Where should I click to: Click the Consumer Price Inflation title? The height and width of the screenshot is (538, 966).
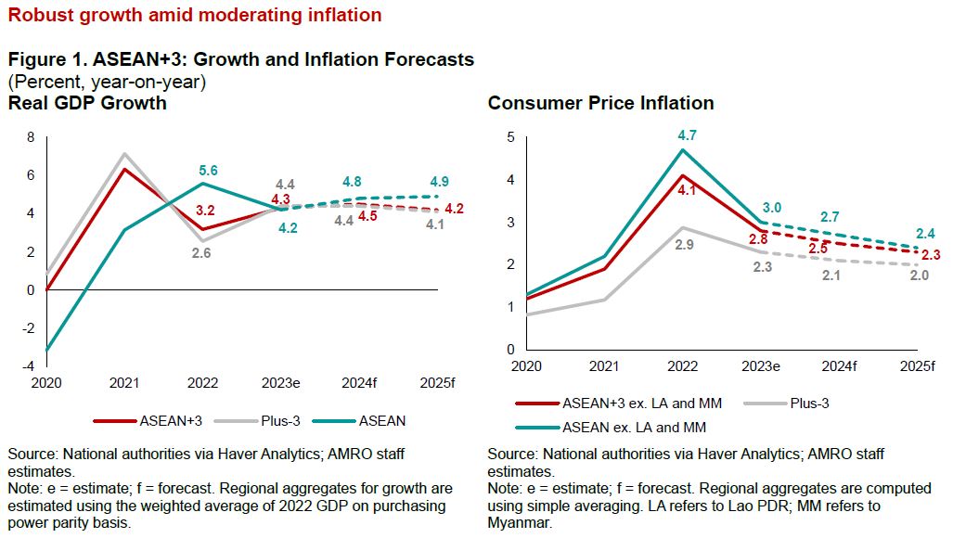[x=600, y=103]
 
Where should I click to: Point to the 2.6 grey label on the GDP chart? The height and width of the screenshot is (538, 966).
[x=202, y=252]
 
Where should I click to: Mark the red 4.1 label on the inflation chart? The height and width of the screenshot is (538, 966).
[x=684, y=191]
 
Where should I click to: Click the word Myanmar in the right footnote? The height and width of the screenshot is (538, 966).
[x=519, y=522]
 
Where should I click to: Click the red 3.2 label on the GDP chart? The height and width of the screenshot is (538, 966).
[x=204, y=210]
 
